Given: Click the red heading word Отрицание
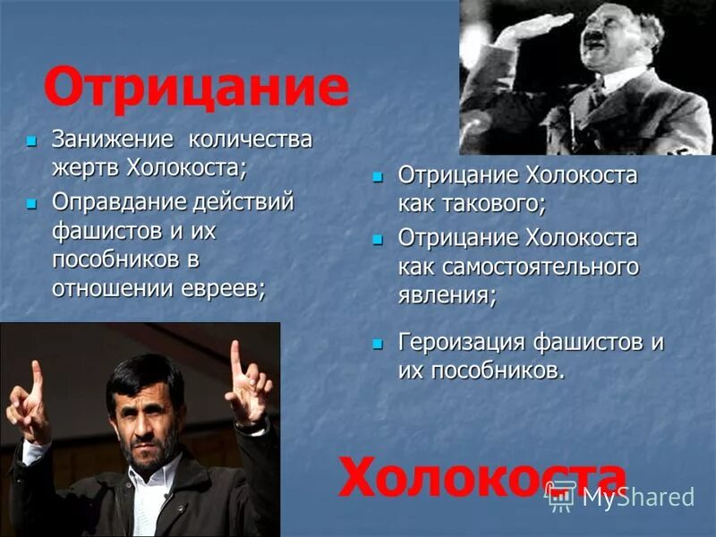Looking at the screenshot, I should (x=196, y=87).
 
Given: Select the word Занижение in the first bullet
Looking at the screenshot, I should (x=112, y=140).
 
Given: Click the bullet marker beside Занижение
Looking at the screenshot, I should (x=32, y=141).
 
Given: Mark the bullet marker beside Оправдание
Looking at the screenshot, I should (x=32, y=202).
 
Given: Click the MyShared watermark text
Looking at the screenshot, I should (x=638, y=498).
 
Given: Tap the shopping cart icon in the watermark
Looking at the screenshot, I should (x=562, y=498).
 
